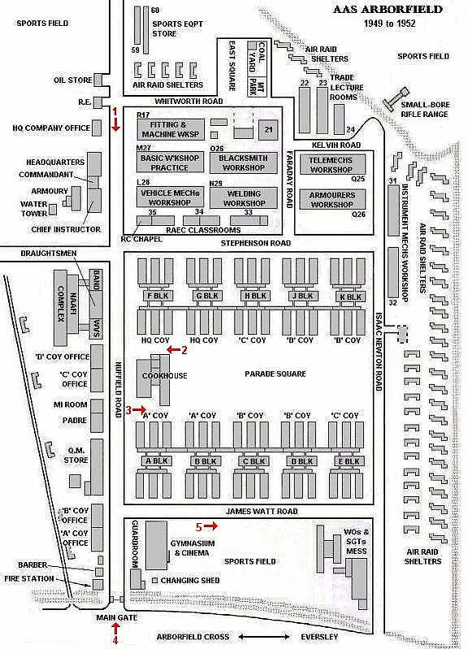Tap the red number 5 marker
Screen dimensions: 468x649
tap(199, 526)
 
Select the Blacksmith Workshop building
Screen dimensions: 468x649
tap(243, 162)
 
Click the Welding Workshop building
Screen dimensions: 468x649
tap(244, 198)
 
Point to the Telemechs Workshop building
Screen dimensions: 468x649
tap(331, 164)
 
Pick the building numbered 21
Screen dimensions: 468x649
tap(268, 129)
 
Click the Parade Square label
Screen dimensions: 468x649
tap(275, 374)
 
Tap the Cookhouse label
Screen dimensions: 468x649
tap(164, 376)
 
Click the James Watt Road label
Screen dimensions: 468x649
tap(262, 511)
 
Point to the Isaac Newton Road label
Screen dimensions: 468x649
tap(378, 352)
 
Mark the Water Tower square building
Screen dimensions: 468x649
tap(53, 210)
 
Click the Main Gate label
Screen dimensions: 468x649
tap(117, 617)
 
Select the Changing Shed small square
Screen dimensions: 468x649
tap(155, 580)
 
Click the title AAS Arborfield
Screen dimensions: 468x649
tap(388, 9)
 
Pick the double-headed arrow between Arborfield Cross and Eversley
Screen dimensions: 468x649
tap(264, 637)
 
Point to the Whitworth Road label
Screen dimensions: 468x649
tap(188, 101)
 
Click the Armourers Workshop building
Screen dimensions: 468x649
tap(331, 199)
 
